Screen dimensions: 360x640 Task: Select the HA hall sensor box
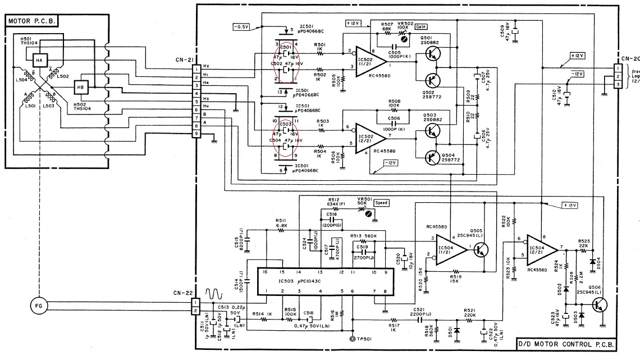[40, 60]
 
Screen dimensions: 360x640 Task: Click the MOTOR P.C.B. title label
[33, 21]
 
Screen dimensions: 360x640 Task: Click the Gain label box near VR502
[422, 27]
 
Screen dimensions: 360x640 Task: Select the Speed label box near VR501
[381, 203]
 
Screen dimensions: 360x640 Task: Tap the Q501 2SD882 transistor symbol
[431, 53]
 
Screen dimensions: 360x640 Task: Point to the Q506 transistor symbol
[600, 306]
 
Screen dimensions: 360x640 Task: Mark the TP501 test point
[353, 340]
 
